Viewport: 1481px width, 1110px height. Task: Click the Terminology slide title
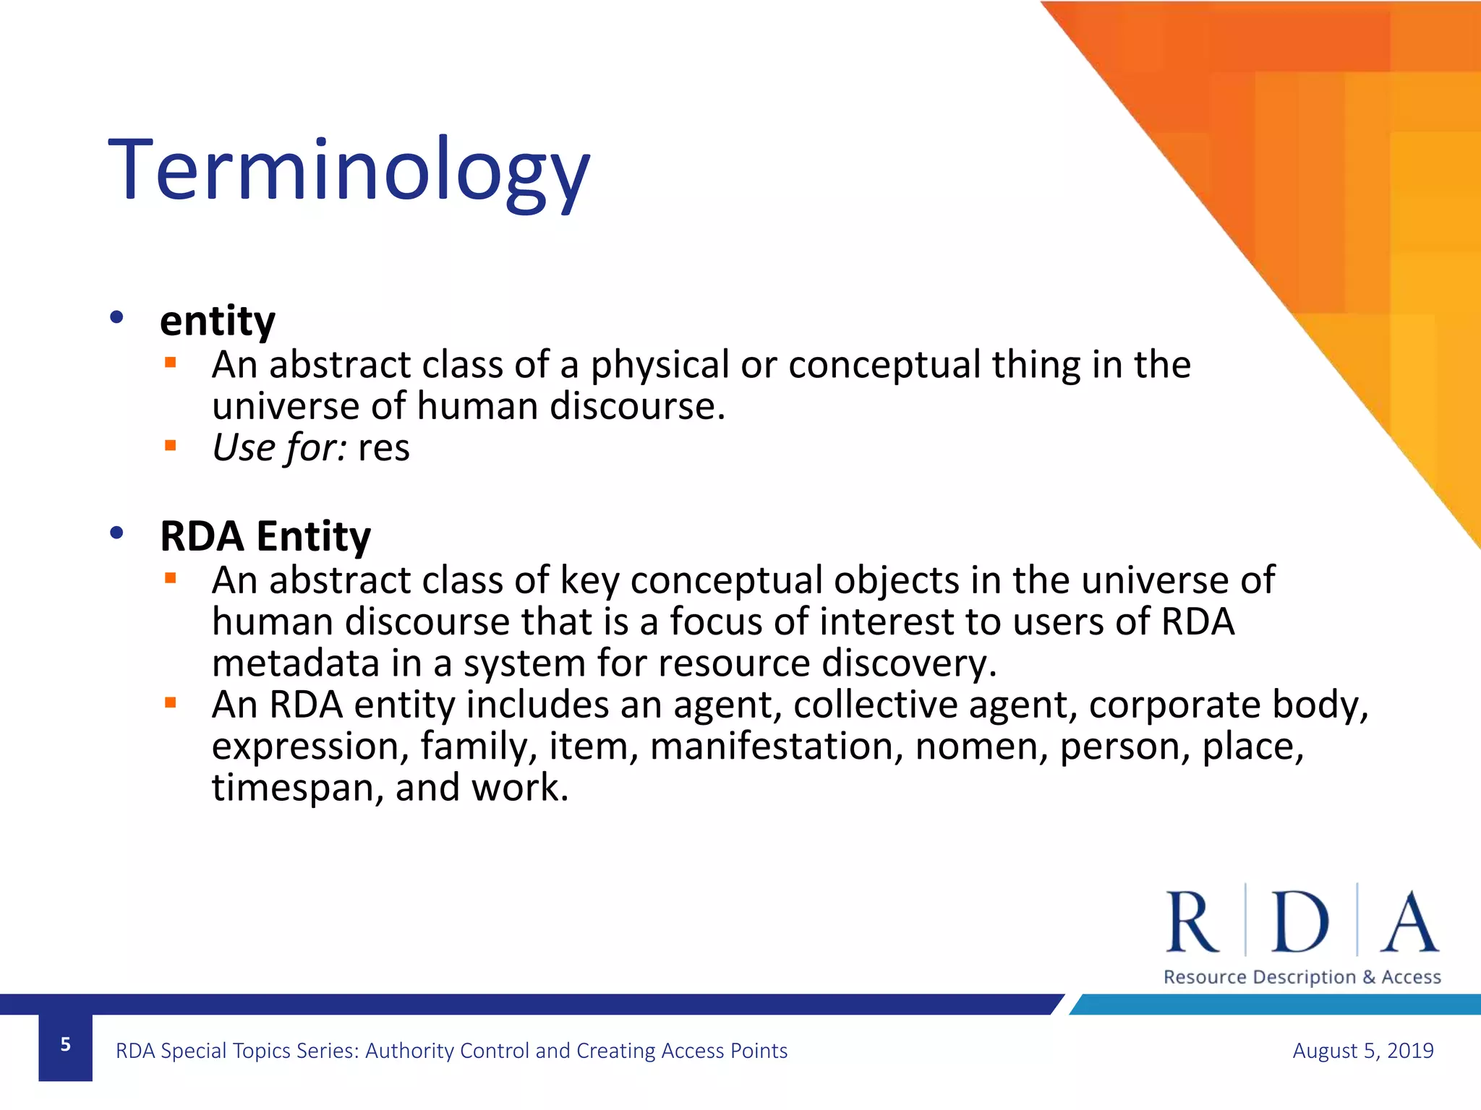click(x=349, y=172)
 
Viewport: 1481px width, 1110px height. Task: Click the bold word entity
click(x=217, y=320)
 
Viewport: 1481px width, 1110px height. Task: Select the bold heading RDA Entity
click(x=265, y=536)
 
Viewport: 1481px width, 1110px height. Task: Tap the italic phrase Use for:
click(x=279, y=447)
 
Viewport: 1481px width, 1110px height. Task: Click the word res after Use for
click(x=383, y=448)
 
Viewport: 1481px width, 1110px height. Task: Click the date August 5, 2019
click(x=1362, y=1050)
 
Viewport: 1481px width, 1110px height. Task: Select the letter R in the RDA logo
click(x=1192, y=922)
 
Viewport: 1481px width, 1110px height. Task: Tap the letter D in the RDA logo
click(x=1299, y=922)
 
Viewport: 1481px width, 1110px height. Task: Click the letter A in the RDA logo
click(x=1409, y=922)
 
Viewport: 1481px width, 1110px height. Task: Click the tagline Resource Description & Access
click(x=1302, y=977)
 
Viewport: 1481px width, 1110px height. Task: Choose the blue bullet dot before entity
click(x=116, y=317)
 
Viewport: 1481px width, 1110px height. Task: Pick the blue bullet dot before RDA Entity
click(x=116, y=533)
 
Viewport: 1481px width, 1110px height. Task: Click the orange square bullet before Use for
click(x=171, y=446)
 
